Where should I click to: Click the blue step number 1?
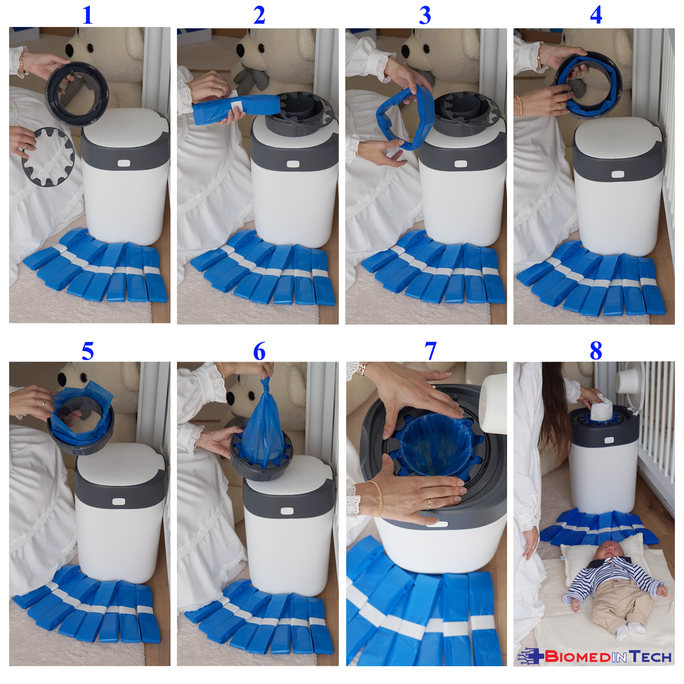tap(88, 15)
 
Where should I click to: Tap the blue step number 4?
tap(596, 15)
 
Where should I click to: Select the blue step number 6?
tap(259, 351)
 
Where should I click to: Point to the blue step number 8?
tap(596, 351)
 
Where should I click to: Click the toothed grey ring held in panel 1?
tap(48, 156)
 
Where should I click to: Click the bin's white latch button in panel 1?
tap(124, 163)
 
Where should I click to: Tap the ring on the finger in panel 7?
tap(429, 503)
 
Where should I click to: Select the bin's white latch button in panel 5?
tap(119, 502)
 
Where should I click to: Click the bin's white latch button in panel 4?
tap(618, 174)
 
